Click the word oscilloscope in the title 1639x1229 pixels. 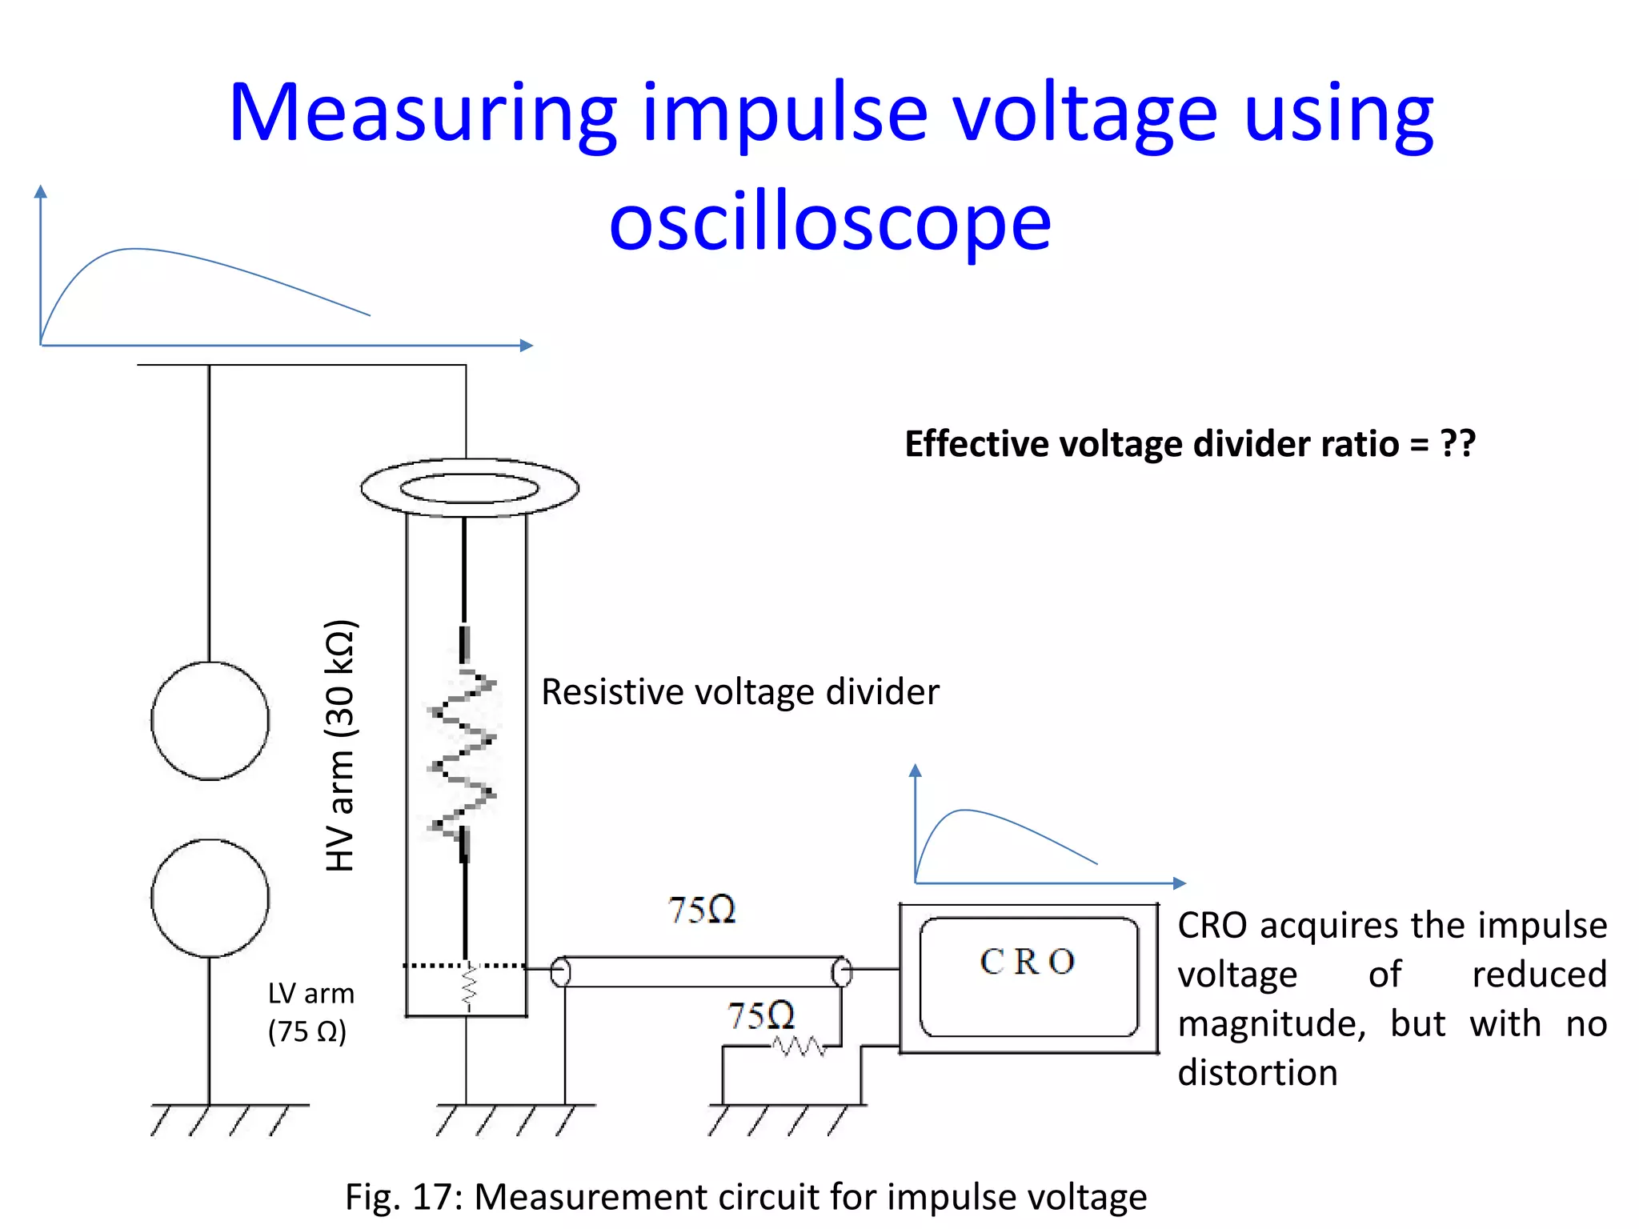830,223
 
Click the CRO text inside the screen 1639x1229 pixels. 1028,962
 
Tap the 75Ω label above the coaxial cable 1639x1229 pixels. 702,911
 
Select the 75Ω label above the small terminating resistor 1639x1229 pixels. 761,1015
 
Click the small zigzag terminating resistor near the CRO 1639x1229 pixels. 798,1046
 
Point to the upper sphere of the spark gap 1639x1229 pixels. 210,720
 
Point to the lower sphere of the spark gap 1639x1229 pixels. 210,898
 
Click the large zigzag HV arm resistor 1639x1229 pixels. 463,752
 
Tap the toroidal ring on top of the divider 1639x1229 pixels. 470,487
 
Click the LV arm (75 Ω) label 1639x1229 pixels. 311,1012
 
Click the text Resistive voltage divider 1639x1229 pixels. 739,692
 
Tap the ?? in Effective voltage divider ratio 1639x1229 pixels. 1457,443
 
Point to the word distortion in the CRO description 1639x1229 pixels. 1257,1073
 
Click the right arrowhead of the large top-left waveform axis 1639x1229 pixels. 526,346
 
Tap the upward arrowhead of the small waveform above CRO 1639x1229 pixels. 916,771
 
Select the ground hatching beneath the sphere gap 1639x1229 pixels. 230,1119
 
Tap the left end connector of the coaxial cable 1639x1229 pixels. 561,972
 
